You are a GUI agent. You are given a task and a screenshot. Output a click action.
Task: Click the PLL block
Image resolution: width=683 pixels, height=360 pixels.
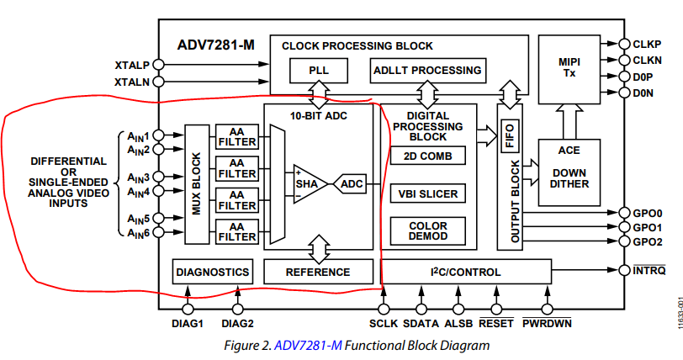pyautogui.click(x=319, y=71)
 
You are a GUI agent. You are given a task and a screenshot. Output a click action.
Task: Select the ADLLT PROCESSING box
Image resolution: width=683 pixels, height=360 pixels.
pyautogui.click(x=427, y=71)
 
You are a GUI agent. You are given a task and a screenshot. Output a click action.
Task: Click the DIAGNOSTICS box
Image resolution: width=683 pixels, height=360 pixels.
pyautogui.click(x=212, y=272)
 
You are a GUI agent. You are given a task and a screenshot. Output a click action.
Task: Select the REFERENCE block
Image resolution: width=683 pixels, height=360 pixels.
pyautogui.click(x=318, y=272)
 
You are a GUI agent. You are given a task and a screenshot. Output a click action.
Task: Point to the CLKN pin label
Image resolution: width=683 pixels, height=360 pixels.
pyautogui.click(x=649, y=60)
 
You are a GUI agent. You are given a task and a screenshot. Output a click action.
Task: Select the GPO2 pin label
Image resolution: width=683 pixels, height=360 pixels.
pyautogui.click(x=648, y=241)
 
